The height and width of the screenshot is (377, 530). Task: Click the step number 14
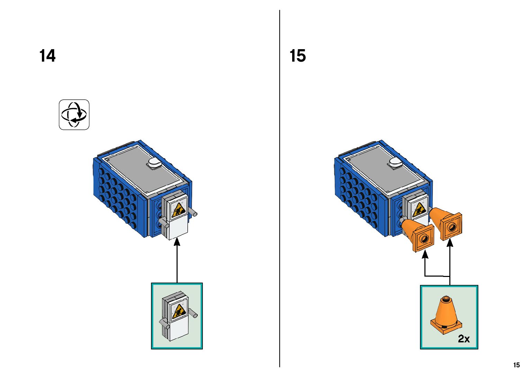coord(47,56)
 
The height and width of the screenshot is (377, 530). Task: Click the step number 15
coord(297,56)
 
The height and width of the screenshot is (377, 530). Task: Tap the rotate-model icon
coord(74,115)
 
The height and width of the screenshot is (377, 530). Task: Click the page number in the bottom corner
coord(516,365)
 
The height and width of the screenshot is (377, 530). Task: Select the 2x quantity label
coord(464,338)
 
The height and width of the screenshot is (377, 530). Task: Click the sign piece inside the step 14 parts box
coord(177,315)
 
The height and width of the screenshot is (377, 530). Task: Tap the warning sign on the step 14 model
coord(178,209)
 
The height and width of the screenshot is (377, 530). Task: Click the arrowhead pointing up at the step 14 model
coord(177,241)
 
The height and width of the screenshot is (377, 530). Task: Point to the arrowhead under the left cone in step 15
coord(425,254)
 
